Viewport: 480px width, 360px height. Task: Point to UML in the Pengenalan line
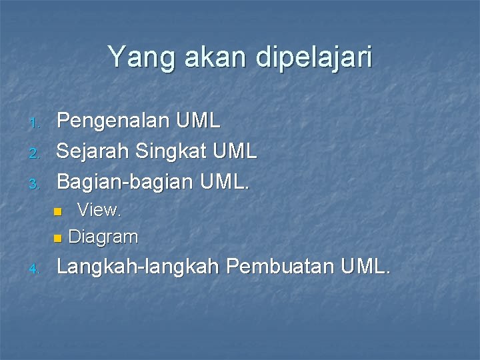[x=198, y=121]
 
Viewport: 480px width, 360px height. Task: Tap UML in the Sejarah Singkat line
[x=235, y=151]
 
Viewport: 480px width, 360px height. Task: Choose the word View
[x=99, y=211]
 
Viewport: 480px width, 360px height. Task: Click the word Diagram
[x=103, y=237]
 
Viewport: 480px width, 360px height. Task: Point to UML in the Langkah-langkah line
[x=365, y=267]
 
